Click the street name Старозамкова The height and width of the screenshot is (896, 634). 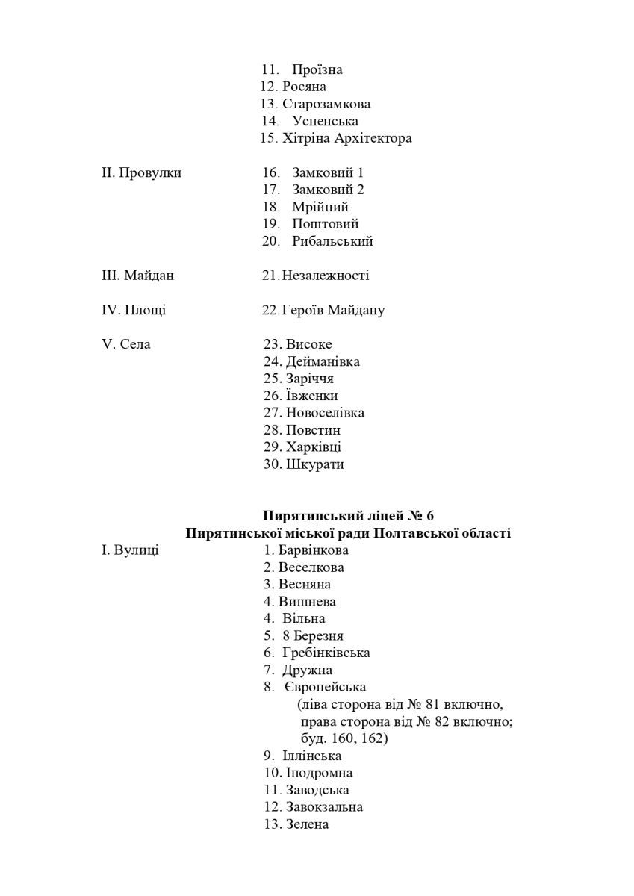(326, 104)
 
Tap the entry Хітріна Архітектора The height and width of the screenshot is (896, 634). (347, 138)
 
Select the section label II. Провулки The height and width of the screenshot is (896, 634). (142, 172)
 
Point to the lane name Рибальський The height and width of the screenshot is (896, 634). (332, 241)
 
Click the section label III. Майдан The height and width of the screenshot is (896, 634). (137, 276)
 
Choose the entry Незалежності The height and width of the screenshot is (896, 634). (326, 276)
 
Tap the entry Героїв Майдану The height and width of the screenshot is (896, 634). (334, 310)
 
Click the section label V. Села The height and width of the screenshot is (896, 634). (126, 344)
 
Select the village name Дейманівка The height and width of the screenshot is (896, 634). (323, 361)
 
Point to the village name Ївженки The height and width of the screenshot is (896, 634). (311, 396)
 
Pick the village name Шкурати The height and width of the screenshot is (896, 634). (314, 464)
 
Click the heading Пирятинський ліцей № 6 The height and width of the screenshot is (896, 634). (348, 516)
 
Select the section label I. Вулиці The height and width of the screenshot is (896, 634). (130, 550)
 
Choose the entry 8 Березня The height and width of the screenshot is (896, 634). (313, 636)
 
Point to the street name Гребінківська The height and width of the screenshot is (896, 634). (326, 653)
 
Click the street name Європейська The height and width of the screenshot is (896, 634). (325, 687)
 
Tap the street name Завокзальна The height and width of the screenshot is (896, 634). (324, 807)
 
